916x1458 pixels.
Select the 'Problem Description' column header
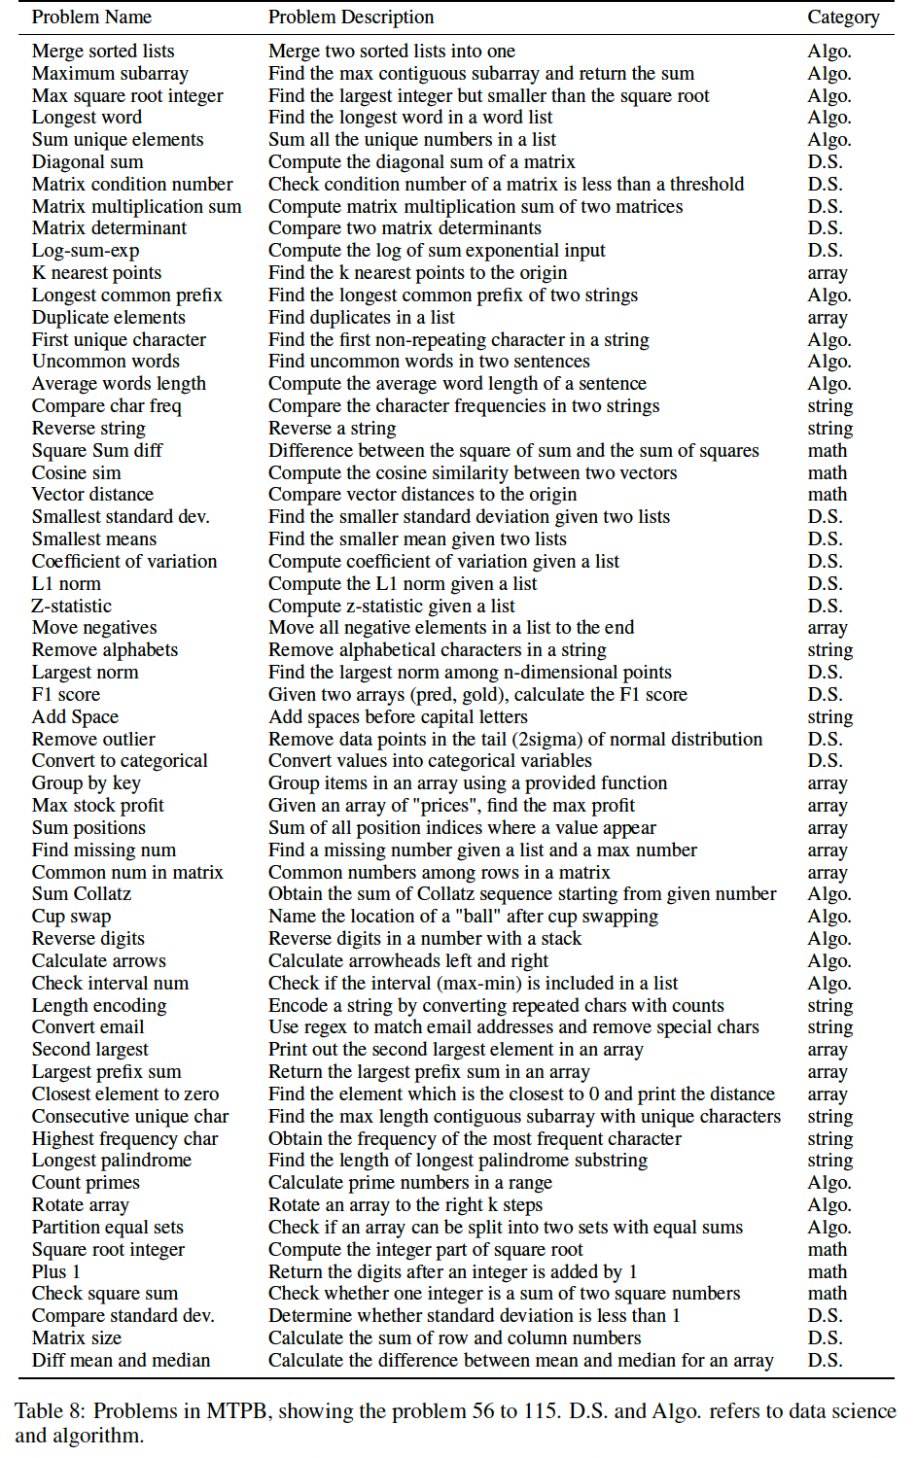pyautogui.click(x=351, y=17)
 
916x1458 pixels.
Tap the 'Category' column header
pyautogui.click(x=843, y=17)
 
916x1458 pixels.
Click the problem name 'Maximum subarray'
pyautogui.click(x=110, y=74)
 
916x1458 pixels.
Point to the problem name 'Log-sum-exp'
pyautogui.click(x=86, y=251)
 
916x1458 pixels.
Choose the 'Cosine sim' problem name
pyautogui.click(x=77, y=473)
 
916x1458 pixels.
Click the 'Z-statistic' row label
pyautogui.click(x=72, y=607)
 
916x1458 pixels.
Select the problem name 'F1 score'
pyautogui.click(x=66, y=695)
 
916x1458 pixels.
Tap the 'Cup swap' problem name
pyautogui.click(x=72, y=917)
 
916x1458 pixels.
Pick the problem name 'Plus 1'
pyautogui.click(x=56, y=1272)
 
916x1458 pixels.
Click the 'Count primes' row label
pyautogui.click(x=86, y=1183)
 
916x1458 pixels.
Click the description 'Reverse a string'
pyautogui.click(x=333, y=429)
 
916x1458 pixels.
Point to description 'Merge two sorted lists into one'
pyautogui.click(x=392, y=52)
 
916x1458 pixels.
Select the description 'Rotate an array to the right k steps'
pyautogui.click(x=405, y=1205)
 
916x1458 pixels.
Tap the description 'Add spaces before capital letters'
pyautogui.click(x=398, y=717)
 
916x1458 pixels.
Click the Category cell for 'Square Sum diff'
pyautogui.click(x=827, y=451)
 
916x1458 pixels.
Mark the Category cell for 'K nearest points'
pyautogui.click(x=828, y=273)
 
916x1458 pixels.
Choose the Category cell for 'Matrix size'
pyautogui.click(x=825, y=1338)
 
